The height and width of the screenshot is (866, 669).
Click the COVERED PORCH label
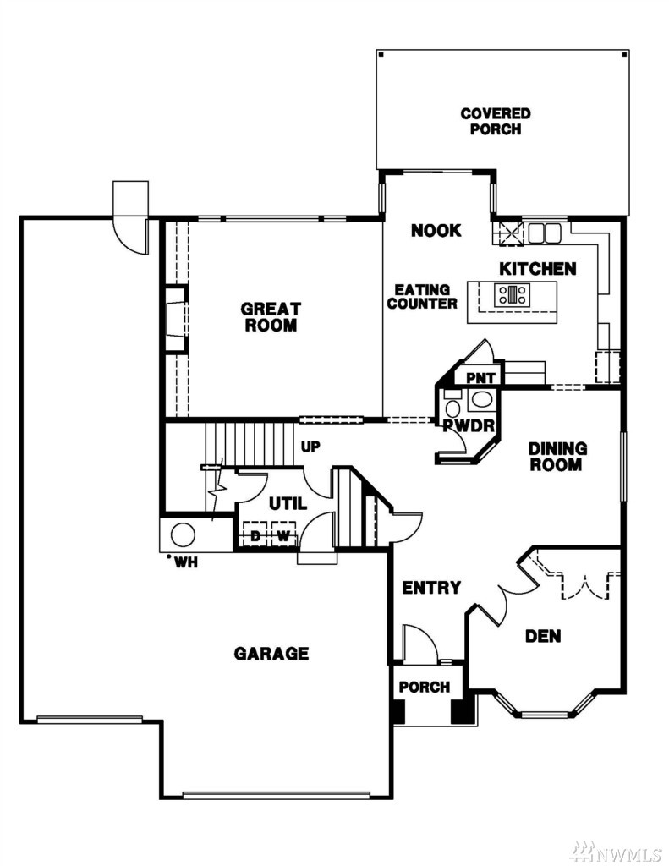point(496,122)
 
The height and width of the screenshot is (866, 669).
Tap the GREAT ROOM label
point(271,316)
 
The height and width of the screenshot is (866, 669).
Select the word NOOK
point(436,230)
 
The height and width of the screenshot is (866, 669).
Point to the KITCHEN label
point(538,269)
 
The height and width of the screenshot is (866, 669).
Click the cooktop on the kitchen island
point(512,293)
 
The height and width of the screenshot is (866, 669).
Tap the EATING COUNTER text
point(422,297)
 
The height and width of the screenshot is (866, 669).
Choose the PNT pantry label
point(480,378)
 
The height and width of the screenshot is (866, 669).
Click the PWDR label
point(469,425)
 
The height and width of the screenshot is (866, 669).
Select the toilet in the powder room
point(453,408)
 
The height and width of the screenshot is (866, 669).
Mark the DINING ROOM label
point(557,456)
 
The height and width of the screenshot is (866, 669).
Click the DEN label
point(543,636)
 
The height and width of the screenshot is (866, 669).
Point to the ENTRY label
point(430,588)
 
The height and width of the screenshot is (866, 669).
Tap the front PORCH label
point(425,687)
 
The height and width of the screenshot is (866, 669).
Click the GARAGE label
point(271,654)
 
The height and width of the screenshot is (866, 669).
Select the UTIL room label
point(288,504)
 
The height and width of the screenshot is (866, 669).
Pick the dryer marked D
point(255,534)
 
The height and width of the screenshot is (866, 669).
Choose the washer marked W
point(282,534)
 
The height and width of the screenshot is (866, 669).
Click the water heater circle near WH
point(183,534)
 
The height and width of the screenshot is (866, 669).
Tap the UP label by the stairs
point(310,447)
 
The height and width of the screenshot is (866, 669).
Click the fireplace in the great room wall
point(177,319)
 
